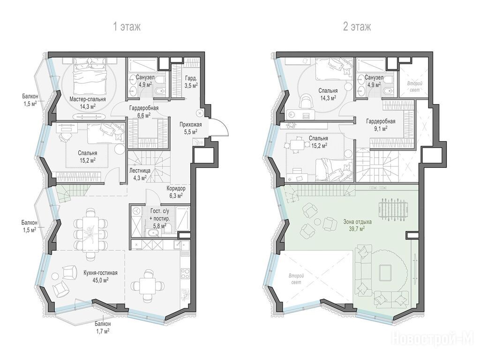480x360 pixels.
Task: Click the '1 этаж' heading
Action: point(127,27)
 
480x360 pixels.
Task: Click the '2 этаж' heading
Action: point(357,27)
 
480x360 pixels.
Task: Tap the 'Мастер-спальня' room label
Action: point(88,99)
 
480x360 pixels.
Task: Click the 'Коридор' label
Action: point(175,188)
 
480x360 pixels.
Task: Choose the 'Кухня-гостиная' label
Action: point(100,273)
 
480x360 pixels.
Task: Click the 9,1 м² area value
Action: point(381,128)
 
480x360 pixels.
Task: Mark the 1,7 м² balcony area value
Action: point(103,330)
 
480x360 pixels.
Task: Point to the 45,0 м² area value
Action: point(100,280)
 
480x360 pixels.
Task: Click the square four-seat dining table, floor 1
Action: point(148,285)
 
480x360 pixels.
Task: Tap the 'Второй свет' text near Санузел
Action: point(415,87)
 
